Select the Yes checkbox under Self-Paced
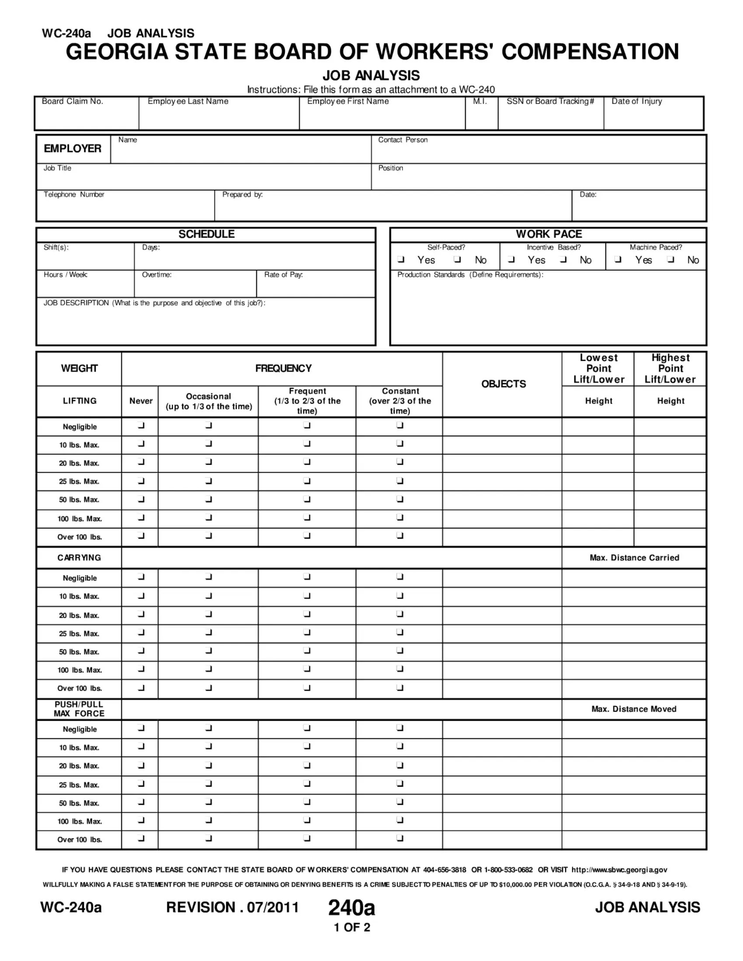pyautogui.click(x=400, y=259)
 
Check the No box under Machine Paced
pyautogui.click(x=670, y=259)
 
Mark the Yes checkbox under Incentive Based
pyautogui.click(x=511, y=259)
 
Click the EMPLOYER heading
pyautogui.click(x=73, y=149)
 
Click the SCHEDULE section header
pyautogui.click(x=206, y=234)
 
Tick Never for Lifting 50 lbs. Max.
pyautogui.click(x=141, y=499)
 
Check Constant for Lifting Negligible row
pyautogui.click(x=399, y=425)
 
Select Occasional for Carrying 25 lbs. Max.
pyautogui.click(x=208, y=633)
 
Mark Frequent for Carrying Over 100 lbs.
pyautogui.click(x=307, y=688)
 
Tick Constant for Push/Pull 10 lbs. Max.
pyautogui.click(x=399, y=746)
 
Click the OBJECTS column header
pyautogui.click(x=503, y=384)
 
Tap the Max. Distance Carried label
pyautogui.click(x=634, y=558)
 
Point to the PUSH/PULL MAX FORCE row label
pyautogui.click(x=79, y=709)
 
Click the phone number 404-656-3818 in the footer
pyautogui.click(x=444, y=870)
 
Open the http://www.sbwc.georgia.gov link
pyautogui.click(x=619, y=870)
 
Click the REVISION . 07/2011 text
pyautogui.click(x=233, y=907)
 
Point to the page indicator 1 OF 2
pyautogui.click(x=352, y=927)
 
